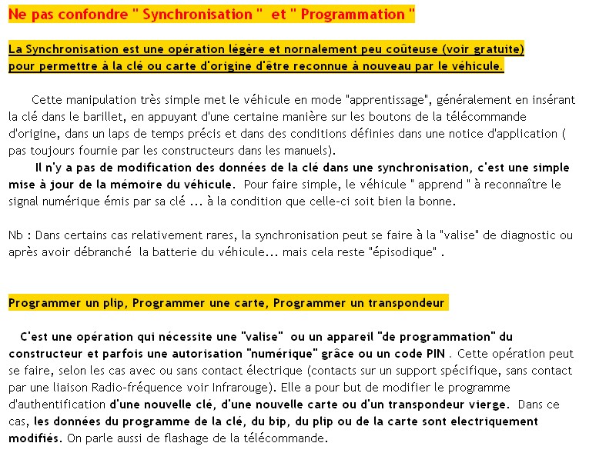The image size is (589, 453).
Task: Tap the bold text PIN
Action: pos(436,354)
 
